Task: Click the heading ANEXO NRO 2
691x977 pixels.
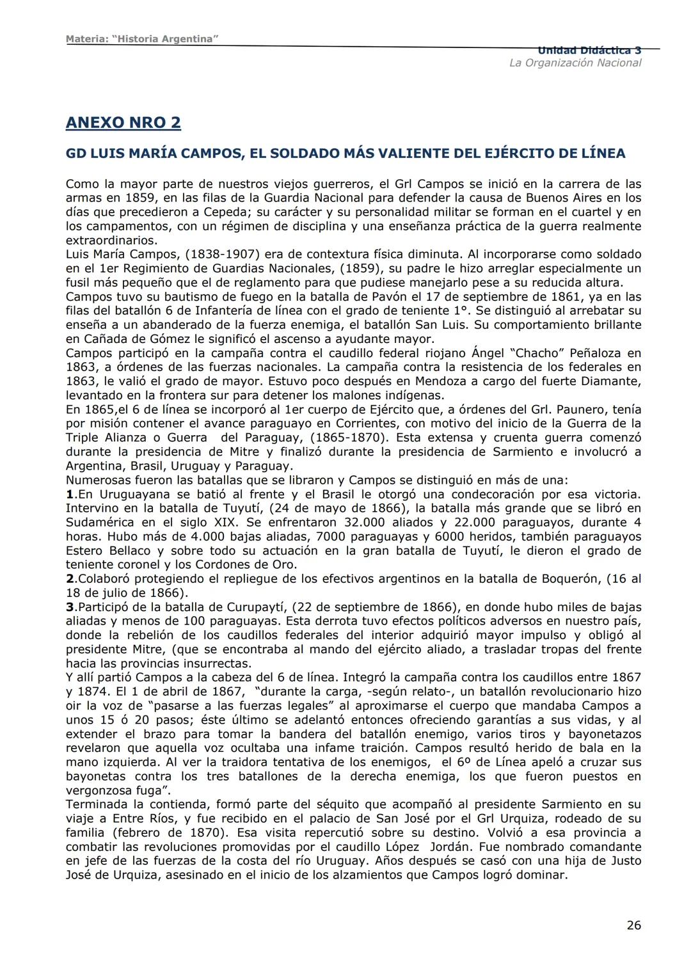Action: (123, 123)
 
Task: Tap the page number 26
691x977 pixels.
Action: (633, 925)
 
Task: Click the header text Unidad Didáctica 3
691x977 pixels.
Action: (589, 51)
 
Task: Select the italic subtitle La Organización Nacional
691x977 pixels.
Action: (575, 63)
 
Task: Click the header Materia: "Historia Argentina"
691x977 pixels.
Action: (142, 39)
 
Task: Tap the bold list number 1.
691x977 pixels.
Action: (69, 494)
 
